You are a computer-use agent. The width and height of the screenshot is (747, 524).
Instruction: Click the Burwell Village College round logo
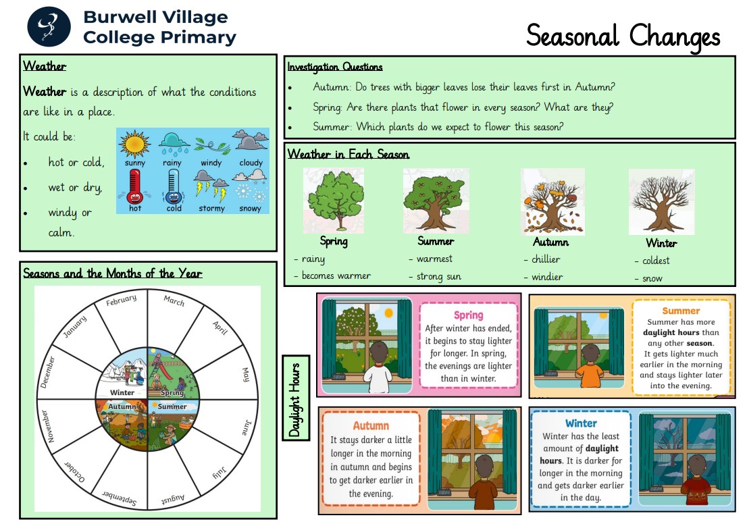tap(49, 27)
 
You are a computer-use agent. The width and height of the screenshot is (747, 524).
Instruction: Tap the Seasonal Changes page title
tap(623, 36)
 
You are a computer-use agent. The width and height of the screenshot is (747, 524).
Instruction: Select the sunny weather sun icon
tap(135, 144)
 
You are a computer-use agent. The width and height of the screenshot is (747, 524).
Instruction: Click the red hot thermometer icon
tap(135, 187)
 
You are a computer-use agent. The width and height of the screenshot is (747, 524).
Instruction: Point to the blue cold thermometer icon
tap(174, 187)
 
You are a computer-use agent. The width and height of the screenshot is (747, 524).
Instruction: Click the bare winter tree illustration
tap(661, 202)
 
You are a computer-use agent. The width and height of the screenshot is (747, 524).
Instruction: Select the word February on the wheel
tap(121, 300)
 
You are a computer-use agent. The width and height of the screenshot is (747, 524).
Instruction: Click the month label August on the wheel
tap(172, 499)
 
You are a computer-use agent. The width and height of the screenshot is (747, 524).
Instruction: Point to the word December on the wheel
tap(47, 372)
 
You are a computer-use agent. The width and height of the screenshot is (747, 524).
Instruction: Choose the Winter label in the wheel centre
tap(122, 392)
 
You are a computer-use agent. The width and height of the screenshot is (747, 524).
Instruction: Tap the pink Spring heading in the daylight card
tap(468, 315)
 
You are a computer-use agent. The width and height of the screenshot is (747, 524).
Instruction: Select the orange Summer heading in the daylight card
tap(681, 311)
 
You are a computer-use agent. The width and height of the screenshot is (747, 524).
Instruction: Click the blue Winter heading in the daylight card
tap(581, 423)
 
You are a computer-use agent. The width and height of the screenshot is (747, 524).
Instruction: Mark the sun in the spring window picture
tap(389, 313)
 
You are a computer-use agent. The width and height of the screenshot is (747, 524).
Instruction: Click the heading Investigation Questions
tap(335, 67)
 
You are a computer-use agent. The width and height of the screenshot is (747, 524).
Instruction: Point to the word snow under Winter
tap(652, 279)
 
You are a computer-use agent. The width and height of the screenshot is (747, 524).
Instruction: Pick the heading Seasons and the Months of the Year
tap(113, 273)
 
